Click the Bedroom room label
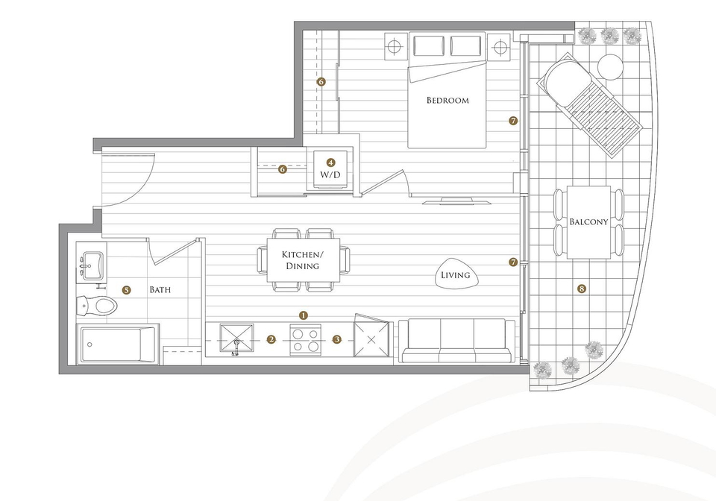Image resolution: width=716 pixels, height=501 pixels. pyautogui.click(x=447, y=101)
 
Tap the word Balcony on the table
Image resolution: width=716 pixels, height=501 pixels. pyautogui.click(x=588, y=221)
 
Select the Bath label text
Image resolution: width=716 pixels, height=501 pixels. pyautogui.click(x=160, y=290)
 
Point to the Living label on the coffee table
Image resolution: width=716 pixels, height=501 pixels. pyautogui.click(x=455, y=275)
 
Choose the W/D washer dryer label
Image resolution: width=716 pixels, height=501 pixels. pyautogui.click(x=330, y=174)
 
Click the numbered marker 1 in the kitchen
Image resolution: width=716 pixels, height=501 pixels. pyautogui.click(x=304, y=315)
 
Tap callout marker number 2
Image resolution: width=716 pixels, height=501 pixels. pyautogui.click(x=271, y=339)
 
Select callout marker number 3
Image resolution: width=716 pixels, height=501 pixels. pyautogui.click(x=337, y=339)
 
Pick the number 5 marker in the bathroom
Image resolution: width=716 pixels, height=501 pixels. pyautogui.click(x=127, y=290)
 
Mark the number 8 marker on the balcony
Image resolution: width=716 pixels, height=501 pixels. pyautogui.click(x=581, y=289)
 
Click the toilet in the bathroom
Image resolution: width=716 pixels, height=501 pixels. pyautogui.click(x=97, y=305)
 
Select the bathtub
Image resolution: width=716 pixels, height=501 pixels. pyautogui.click(x=118, y=344)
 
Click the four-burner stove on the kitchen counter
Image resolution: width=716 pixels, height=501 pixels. pyautogui.click(x=306, y=340)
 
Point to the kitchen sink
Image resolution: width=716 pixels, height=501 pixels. pyautogui.click(x=236, y=339)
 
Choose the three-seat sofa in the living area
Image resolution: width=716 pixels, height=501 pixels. pyautogui.click(x=457, y=341)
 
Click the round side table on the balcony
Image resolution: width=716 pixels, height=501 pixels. pyautogui.click(x=611, y=67)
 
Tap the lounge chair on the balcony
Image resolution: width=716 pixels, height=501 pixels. pyautogui.click(x=589, y=105)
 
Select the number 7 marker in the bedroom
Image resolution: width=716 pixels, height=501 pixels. pyautogui.click(x=513, y=121)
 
